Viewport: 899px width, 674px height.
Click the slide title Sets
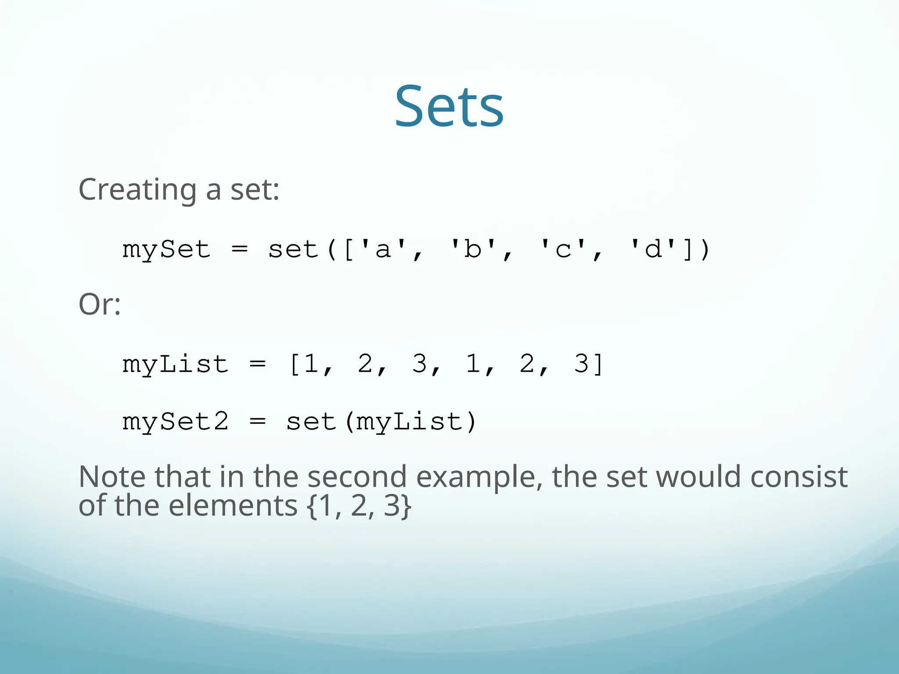(449, 107)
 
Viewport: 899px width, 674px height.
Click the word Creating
(137, 190)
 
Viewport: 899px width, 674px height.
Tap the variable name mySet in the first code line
(166, 250)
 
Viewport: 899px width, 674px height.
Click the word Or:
(100, 304)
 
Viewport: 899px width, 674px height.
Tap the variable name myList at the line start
(175, 364)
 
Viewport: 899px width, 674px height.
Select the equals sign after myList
(257, 364)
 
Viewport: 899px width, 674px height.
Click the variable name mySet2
(175, 422)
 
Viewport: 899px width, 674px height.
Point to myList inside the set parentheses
(410, 422)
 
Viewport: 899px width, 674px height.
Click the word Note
(112, 477)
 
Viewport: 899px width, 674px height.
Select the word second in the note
(356, 477)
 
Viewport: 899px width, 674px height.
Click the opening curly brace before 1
(312, 506)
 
